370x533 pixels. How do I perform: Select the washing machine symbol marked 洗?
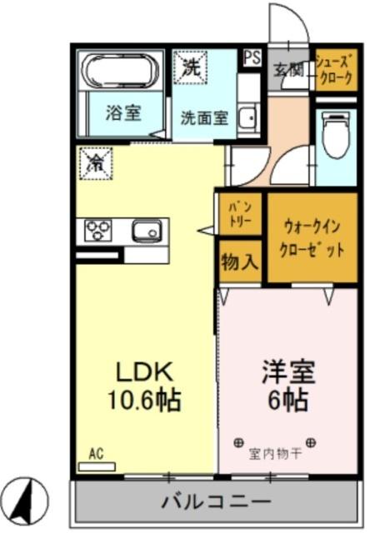(192, 68)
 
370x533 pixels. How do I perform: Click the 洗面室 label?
(204, 117)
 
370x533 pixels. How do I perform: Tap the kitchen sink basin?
(146, 230)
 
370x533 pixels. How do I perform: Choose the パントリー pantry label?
(239, 214)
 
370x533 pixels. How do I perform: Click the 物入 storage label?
(240, 262)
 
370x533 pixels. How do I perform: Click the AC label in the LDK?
(96, 454)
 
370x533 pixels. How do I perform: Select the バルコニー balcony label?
(217, 502)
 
